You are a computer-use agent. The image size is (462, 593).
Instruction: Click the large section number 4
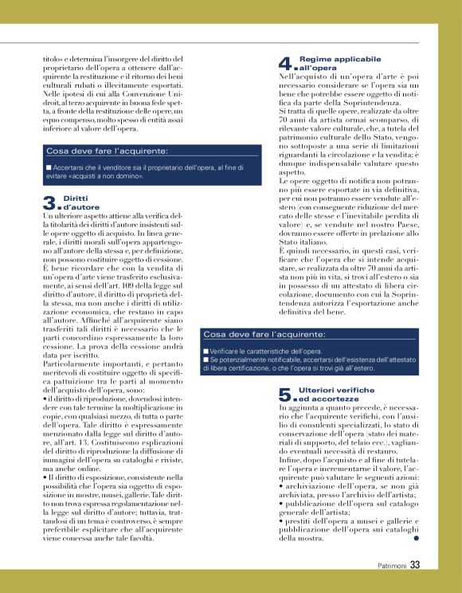click(286, 63)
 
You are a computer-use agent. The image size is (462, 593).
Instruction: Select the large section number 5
click(286, 394)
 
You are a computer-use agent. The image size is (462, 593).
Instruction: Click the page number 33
click(415, 566)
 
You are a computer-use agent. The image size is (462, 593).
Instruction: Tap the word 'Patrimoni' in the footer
click(392, 567)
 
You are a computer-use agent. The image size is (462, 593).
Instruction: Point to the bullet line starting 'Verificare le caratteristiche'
click(266, 351)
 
